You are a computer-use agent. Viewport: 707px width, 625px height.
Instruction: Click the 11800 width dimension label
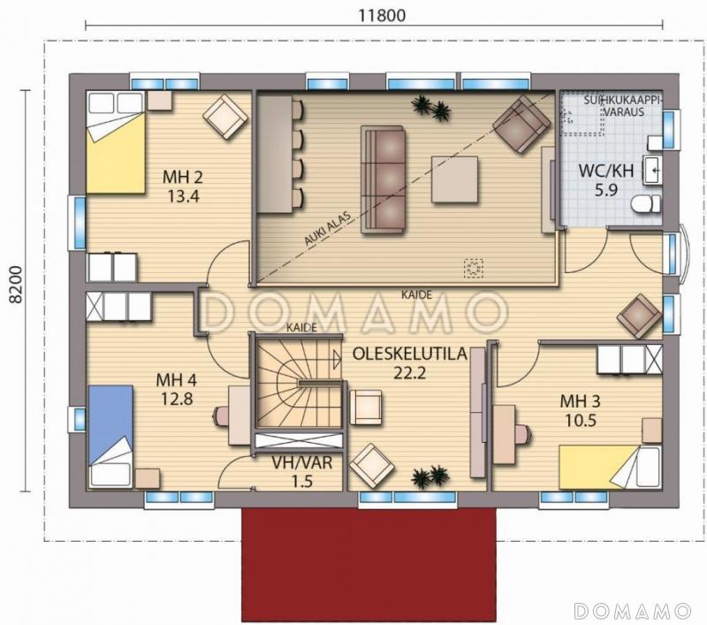coord(382,15)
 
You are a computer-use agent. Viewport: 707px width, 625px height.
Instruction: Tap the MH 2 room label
coord(183,177)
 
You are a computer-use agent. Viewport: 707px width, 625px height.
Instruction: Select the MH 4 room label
coord(176,380)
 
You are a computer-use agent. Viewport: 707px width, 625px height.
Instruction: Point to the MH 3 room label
coord(580,400)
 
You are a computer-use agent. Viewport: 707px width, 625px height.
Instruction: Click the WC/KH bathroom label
coord(606,171)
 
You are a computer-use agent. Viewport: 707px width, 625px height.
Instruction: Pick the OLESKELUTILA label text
coord(409,354)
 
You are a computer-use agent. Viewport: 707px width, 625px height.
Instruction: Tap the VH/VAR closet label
coord(302,462)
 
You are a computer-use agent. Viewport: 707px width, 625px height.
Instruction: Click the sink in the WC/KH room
coord(652,170)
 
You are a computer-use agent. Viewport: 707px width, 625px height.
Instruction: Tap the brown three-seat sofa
coord(383,180)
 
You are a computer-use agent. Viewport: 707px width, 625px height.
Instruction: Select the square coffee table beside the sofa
coord(454,179)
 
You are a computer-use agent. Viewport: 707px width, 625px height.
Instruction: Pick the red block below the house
coord(369,565)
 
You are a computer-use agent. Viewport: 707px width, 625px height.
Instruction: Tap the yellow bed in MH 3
coord(610,467)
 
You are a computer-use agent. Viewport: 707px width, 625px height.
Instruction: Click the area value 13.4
coord(183,196)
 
